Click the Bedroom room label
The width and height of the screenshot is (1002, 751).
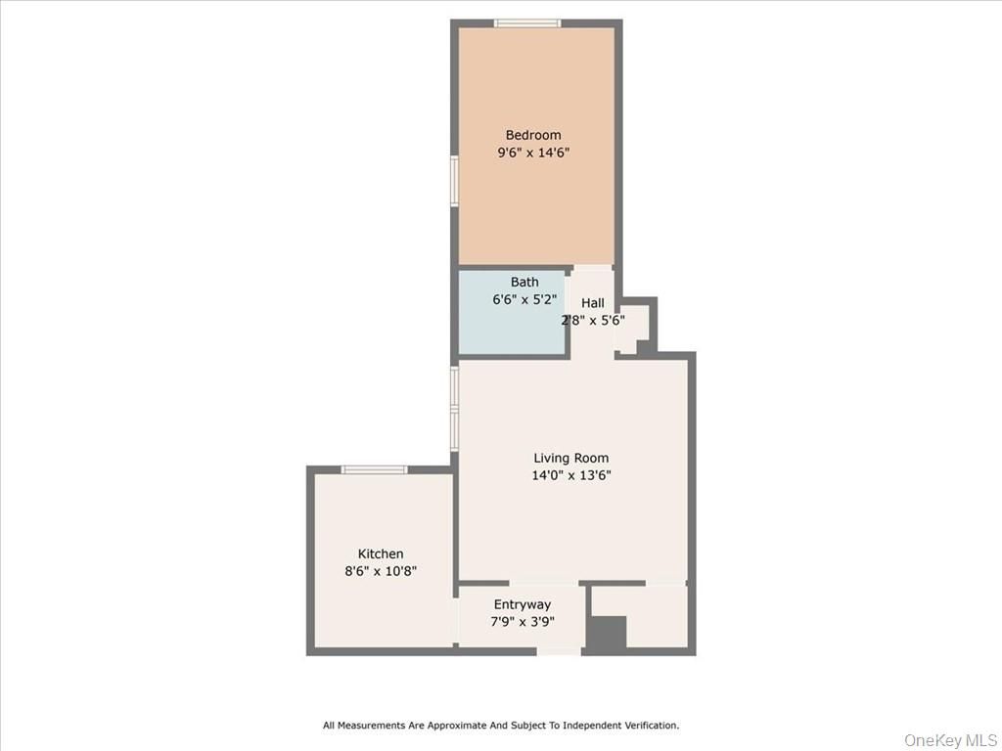click(533, 135)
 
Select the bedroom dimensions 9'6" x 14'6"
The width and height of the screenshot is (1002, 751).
click(533, 153)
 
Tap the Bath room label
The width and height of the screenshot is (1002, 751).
click(524, 283)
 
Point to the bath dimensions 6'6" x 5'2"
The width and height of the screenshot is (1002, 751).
click(524, 300)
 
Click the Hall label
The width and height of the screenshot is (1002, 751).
click(592, 303)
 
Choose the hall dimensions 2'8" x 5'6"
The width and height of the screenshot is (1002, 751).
click(593, 320)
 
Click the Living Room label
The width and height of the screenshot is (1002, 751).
click(570, 458)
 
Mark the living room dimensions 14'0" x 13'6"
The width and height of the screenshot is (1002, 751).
click(571, 475)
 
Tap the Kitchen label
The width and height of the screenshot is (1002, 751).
click(381, 553)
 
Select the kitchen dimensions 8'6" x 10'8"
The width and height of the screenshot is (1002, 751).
click(382, 571)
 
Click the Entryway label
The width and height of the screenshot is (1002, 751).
click(522, 604)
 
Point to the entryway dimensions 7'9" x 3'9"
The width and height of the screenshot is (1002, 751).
click(523, 621)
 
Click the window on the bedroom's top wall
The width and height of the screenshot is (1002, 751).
click(526, 23)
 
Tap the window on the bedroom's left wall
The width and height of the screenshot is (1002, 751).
click(455, 181)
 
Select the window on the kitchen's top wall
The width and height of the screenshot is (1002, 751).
click(374, 470)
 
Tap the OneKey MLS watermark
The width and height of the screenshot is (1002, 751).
click(948, 739)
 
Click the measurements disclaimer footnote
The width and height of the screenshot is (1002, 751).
click(501, 726)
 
